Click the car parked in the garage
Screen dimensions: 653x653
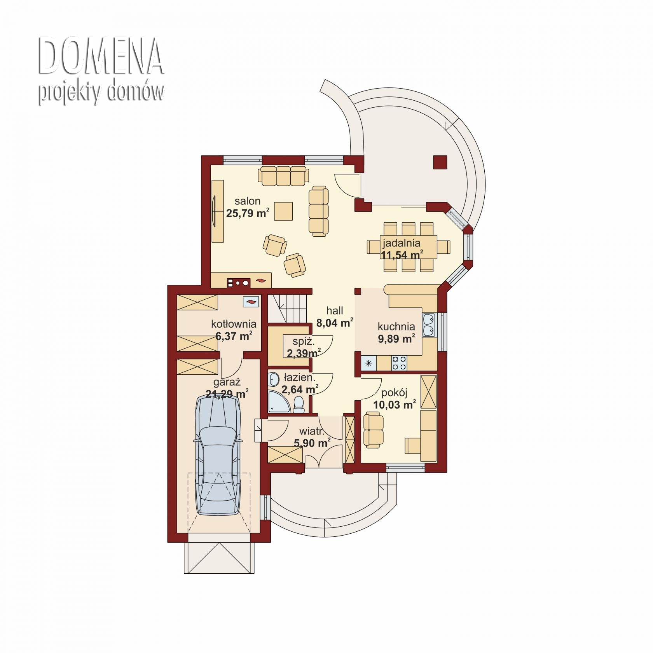pos(218,455)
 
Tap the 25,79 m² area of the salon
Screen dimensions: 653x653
pos(248,213)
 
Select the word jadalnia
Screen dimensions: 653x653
pos(402,243)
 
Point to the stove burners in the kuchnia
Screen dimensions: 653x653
pos(399,363)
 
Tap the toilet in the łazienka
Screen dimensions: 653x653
pos(299,404)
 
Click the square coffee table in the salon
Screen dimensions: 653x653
pos(283,211)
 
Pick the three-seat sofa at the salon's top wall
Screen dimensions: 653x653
pos(283,176)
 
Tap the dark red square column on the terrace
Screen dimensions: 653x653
pos(440,162)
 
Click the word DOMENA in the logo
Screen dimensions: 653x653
pos(101,56)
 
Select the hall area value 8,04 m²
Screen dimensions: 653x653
pos(335,323)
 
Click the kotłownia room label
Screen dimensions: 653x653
pos(234,324)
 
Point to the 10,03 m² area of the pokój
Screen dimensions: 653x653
pos(395,405)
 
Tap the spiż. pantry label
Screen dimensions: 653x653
pos(304,342)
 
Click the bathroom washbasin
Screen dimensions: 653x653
pos(274,379)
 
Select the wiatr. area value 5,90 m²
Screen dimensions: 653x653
pos(312,443)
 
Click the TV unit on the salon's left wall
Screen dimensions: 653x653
pos(217,211)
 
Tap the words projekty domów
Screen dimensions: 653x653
pos(101,93)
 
